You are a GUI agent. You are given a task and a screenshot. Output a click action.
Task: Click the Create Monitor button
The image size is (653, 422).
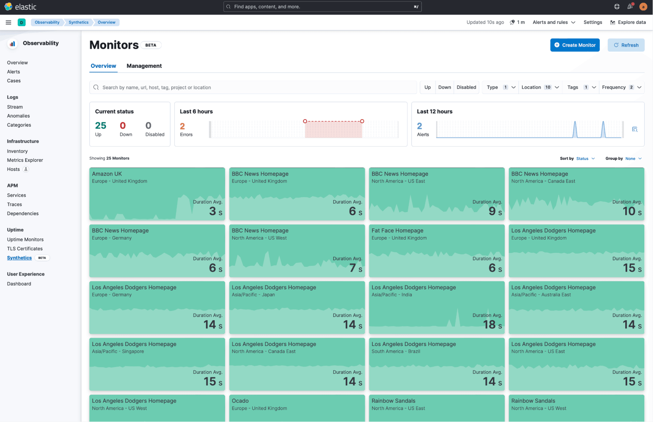(x=575, y=45)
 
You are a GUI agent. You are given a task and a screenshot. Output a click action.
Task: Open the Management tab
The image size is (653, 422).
(x=144, y=66)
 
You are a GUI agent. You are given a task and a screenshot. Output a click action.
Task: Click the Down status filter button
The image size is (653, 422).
(x=444, y=87)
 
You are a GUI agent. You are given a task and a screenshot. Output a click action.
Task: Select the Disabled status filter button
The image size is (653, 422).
(x=466, y=87)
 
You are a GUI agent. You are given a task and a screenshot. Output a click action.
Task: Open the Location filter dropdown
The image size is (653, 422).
(x=540, y=87)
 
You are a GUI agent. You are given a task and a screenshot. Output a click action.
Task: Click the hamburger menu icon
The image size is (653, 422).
(x=8, y=22)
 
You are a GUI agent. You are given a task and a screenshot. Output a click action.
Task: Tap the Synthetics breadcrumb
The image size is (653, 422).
(x=78, y=22)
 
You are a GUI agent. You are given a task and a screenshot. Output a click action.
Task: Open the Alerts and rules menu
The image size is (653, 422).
(x=554, y=22)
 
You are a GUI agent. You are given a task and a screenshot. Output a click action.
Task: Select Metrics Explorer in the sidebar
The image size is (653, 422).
(x=25, y=160)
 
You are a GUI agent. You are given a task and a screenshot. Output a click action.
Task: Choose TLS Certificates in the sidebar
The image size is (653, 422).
(x=25, y=249)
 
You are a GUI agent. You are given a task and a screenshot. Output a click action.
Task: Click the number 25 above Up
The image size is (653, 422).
(x=101, y=126)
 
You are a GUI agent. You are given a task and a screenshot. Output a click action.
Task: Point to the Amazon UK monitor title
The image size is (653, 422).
(x=107, y=174)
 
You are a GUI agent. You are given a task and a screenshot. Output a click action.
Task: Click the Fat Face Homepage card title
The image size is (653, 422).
(x=397, y=231)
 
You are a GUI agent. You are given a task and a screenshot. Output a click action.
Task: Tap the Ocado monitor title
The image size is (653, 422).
(x=240, y=401)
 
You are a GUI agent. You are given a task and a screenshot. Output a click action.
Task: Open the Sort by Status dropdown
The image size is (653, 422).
(x=585, y=159)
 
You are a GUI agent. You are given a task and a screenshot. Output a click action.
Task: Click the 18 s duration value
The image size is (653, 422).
(x=492, y=325)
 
